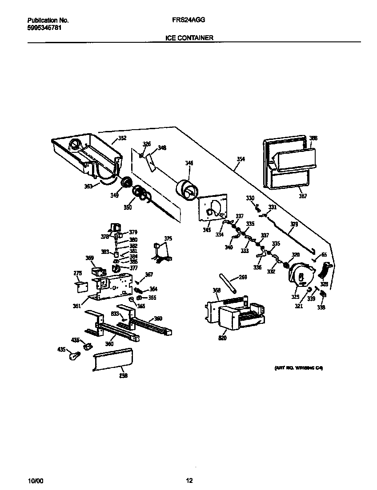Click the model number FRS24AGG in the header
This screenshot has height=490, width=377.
[188, 20]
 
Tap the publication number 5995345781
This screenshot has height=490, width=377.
[44, 28]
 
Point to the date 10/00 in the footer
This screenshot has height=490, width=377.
[35, 481]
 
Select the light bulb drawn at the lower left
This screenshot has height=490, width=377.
[74, 355]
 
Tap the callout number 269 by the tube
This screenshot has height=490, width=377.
[243, 277]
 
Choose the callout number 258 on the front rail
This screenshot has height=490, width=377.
[123, 376]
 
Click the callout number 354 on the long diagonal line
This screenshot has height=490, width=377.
[241, 159]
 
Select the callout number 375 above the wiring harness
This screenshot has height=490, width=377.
[168, 239]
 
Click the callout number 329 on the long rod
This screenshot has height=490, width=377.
[294, 225]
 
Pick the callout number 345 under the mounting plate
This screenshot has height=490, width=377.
[207, 230]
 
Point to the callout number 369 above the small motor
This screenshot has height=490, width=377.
[89, 257]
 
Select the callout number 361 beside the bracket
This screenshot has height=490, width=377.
[77, 306]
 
